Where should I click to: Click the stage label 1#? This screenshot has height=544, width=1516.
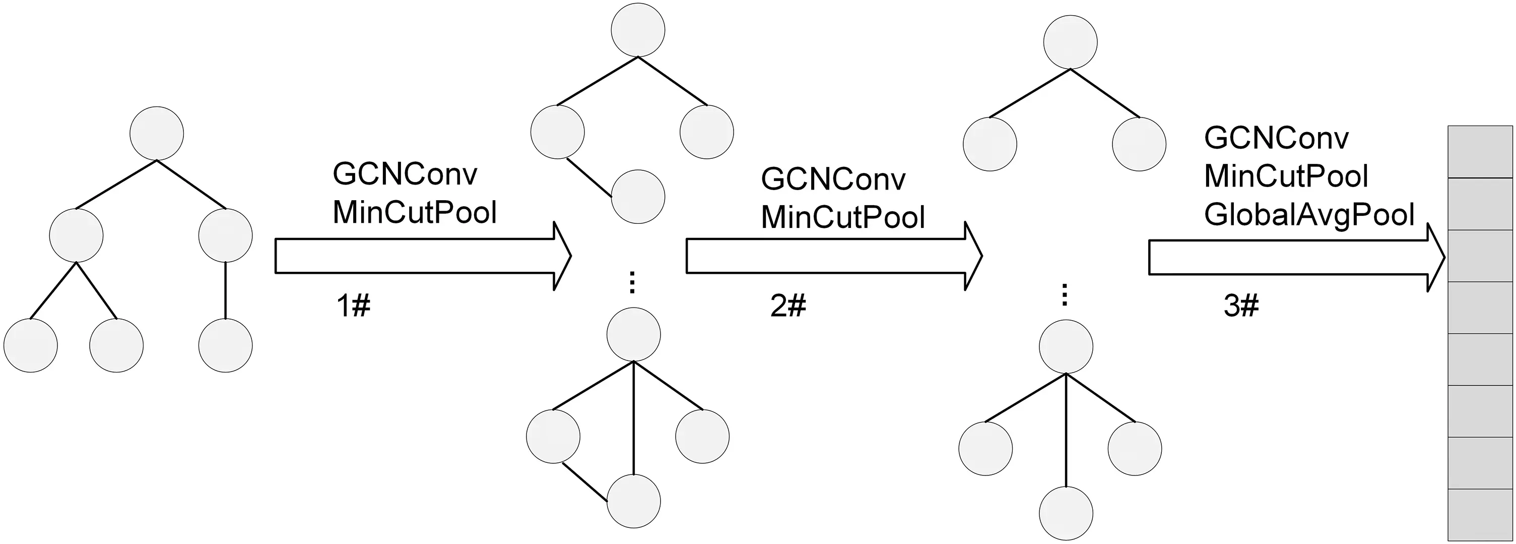click(353, 306)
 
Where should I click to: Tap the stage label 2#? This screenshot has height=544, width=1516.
click(787, 306)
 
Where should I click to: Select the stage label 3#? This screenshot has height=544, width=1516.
click(1240, 306)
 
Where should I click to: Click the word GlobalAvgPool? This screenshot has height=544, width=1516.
click(1309, 215)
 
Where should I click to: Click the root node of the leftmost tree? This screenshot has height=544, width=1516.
click(157, 133)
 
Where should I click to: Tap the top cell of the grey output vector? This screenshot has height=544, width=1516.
click(1480, 152)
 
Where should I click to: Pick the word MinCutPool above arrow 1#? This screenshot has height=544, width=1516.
click(414, 213)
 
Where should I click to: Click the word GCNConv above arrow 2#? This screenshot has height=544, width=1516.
click(833, 179)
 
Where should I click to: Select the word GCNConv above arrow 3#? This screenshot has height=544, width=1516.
click(1276, 138)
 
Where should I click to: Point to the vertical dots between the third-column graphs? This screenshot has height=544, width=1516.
click(1064, 295)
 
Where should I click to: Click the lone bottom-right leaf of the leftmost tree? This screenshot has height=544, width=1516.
click(225, 345)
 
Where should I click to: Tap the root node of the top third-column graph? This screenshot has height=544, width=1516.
click(1070, 42)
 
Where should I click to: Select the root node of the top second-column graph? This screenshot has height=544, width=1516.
click(638, 31)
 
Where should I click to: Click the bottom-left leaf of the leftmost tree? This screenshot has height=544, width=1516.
click(31, 345)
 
